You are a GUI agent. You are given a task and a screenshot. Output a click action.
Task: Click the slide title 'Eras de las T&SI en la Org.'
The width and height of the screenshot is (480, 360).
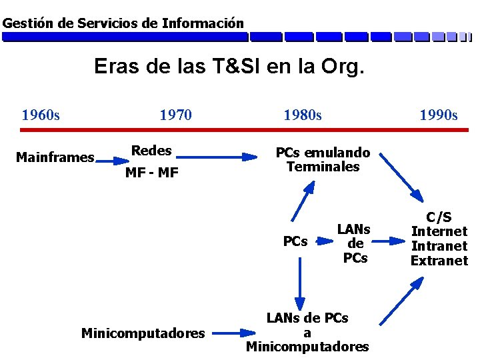click(x=229, y=67)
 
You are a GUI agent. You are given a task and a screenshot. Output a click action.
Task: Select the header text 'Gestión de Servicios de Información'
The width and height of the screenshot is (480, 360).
click(x=123, y=23)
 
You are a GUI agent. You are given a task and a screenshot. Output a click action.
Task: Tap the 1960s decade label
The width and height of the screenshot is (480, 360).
click(x=41, y=115)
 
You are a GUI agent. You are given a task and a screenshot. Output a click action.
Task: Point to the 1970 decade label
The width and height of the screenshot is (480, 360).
click(x=175, y=115)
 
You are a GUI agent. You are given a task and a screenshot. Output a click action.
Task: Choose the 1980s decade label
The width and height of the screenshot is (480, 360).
click(x=302, y=115)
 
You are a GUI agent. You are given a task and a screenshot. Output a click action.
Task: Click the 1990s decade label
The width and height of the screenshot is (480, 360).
click(x=438, y=115)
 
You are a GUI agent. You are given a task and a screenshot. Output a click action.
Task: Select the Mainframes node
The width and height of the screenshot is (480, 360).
click(x=55, y=158)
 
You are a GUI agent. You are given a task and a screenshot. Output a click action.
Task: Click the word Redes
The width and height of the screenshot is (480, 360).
click(x=151, y=151)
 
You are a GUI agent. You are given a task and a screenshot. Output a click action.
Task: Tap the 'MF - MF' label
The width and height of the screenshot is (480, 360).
click(x=152, y=173)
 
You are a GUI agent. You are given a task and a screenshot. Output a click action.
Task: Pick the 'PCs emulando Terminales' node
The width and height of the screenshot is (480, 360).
click(x=323, y=160)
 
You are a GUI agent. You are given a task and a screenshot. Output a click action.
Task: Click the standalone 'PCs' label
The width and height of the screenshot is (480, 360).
click(x=295, y=241)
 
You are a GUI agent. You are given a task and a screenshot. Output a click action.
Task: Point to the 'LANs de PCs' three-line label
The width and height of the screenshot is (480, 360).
click(x=354, y=243)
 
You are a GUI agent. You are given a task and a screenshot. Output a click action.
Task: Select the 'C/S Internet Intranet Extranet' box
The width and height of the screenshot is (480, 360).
click(x=439, y=239)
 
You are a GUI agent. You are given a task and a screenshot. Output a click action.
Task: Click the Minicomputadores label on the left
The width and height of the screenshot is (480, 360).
click(x=143, y=333)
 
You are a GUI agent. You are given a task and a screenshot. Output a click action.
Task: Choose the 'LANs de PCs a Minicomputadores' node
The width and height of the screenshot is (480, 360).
click(x=307, y=333)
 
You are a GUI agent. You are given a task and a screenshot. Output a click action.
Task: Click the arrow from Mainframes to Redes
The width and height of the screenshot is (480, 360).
click(x=111, y=161)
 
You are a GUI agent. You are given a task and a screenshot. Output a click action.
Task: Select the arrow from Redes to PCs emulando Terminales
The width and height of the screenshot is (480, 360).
click(x=217, y=157)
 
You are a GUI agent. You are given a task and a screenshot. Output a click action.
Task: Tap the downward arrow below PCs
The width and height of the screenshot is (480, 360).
click(x=300, y=281)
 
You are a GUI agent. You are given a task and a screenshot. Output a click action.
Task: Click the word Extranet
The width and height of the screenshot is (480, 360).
click(x=439, y=261)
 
